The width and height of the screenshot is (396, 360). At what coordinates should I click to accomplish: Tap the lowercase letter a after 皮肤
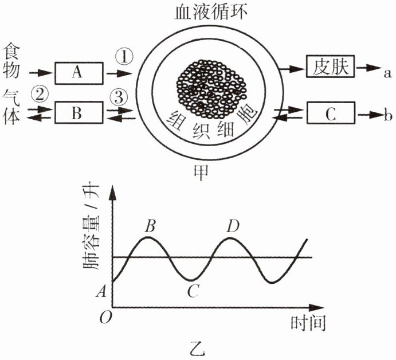(387, 72)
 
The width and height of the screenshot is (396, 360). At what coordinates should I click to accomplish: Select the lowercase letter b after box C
(387, 116)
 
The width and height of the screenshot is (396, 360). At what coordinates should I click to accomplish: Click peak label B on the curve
(150, 225)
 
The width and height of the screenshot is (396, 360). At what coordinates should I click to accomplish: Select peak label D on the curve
(232, 225)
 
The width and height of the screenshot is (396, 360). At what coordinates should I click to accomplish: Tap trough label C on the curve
(193, 292)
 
